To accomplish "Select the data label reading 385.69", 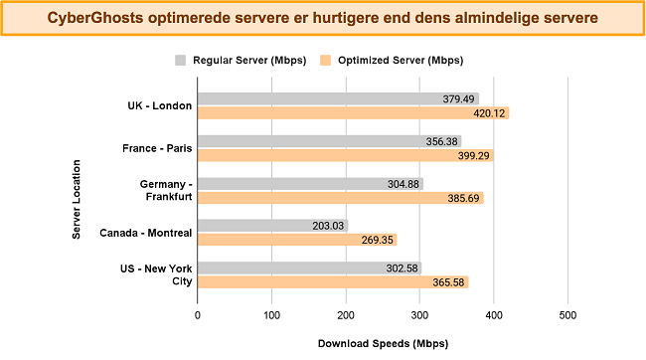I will click(462, 198).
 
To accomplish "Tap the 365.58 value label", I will click(447, 282).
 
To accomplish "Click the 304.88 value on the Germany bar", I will click(402, 184).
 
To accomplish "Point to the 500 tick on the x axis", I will click(567, 315).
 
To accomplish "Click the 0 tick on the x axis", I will click(198, 315).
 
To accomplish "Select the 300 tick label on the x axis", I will click(419, 315).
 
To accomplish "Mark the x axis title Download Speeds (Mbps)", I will click(383, 343).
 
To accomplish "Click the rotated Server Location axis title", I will click(77, 191).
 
